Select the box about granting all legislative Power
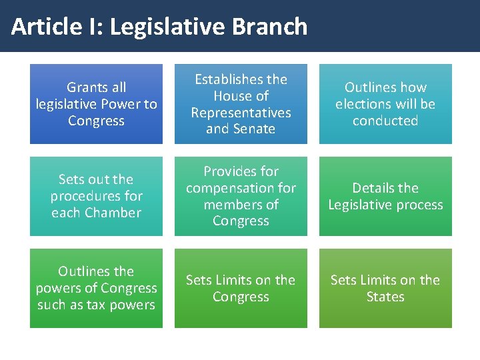click(96, 104)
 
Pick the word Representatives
click(241, 113)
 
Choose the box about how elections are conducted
click(385, 104)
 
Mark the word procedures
click(96, 196)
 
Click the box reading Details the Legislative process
click(385, 196)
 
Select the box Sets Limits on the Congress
click(241, 288)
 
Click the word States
click(385, 297)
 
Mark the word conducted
click(385, 121)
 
